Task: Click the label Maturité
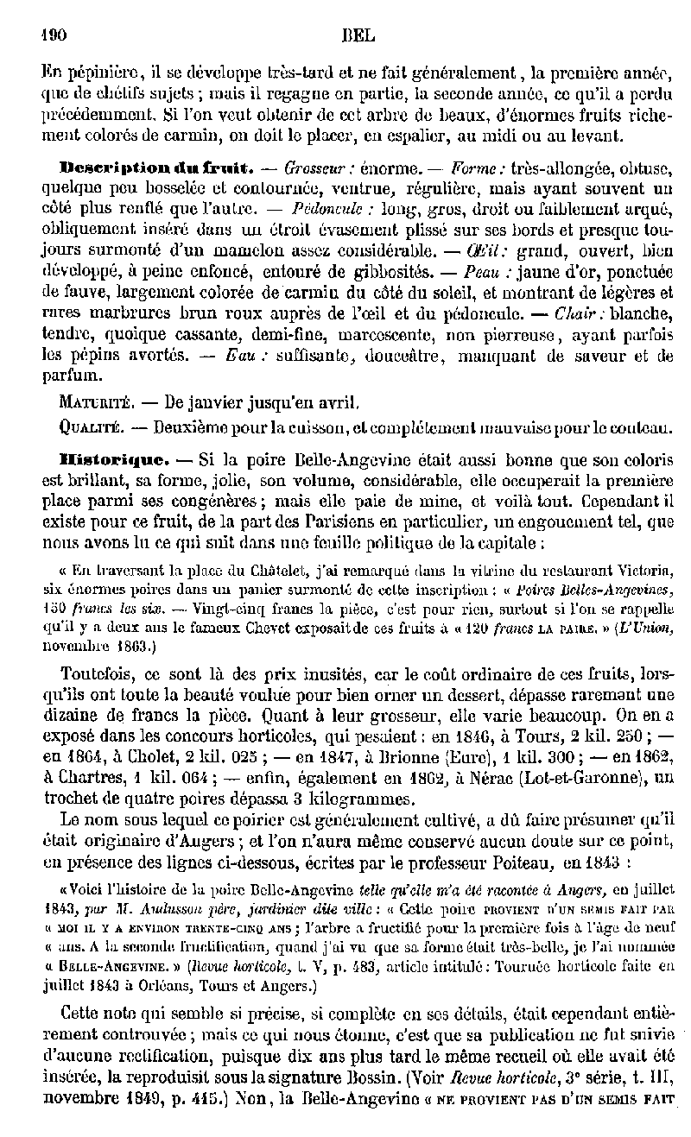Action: [95, 402]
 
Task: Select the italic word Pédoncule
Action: [326, 209]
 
